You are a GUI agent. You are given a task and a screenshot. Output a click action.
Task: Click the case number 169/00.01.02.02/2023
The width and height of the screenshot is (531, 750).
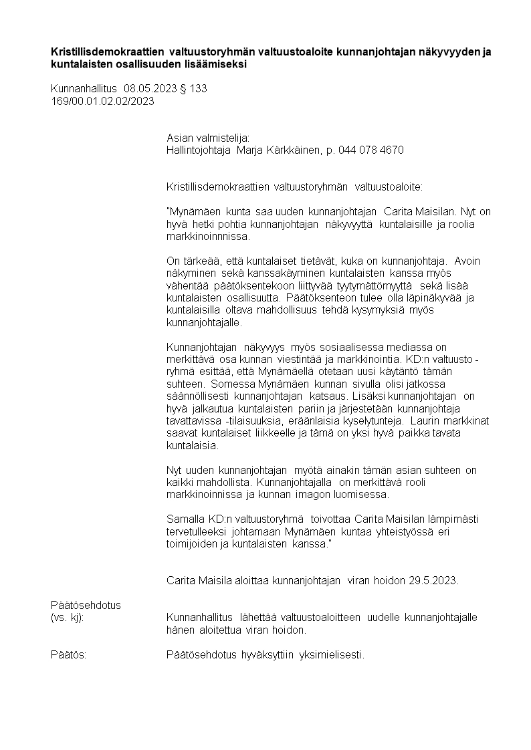point(102,101)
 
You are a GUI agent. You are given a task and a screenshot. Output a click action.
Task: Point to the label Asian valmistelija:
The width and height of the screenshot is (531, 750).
point(207,138)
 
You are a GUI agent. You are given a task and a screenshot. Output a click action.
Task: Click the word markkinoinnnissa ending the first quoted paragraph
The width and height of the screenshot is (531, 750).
point(207,237)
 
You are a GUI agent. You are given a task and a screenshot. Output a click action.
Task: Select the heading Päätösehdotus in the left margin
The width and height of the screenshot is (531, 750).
point(86,605)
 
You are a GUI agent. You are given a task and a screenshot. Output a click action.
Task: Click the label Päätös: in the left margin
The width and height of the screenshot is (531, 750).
point(69,654)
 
